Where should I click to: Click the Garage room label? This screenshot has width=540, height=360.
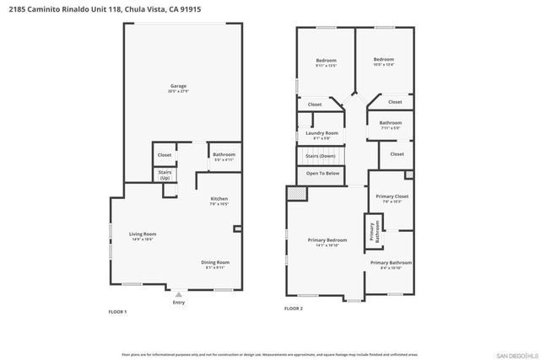178,87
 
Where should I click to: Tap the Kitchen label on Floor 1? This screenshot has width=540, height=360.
219,201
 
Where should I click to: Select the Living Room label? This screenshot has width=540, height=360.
143,236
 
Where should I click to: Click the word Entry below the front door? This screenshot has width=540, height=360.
178,303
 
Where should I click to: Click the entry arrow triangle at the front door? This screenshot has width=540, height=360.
178,295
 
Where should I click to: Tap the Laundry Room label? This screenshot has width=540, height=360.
321,134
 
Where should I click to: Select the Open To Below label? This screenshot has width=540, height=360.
321,173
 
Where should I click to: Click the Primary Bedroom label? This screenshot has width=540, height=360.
326,242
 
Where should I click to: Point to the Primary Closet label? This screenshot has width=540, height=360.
390,198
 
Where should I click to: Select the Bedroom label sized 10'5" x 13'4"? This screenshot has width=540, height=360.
384,61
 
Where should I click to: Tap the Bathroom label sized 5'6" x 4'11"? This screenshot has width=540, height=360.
224,156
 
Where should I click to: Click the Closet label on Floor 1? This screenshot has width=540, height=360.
165,155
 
